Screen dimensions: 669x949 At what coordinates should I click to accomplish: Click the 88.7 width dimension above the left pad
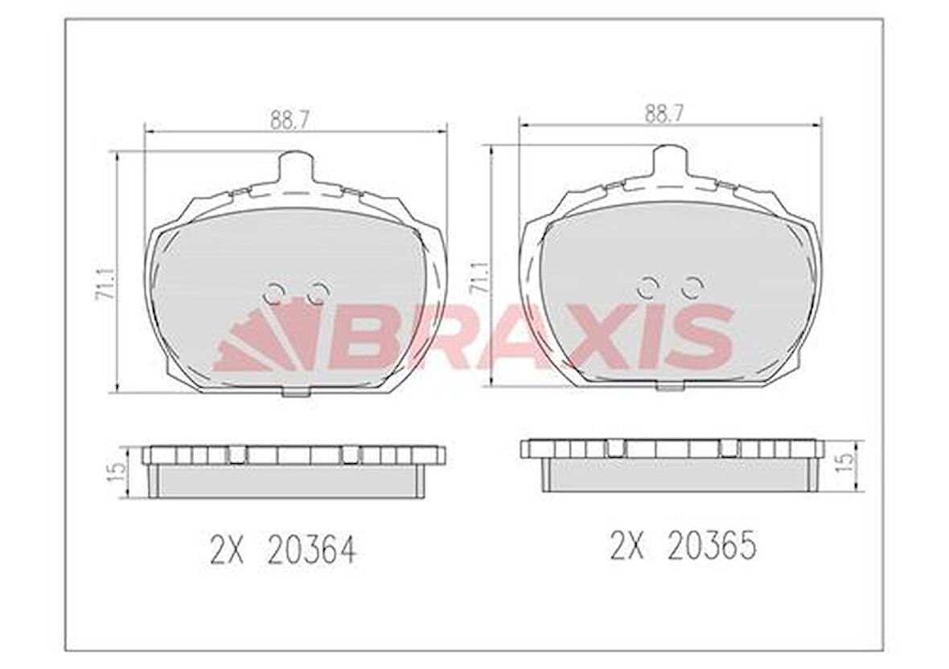coord(290,119)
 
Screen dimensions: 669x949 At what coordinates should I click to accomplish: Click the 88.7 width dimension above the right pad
coord(663,113)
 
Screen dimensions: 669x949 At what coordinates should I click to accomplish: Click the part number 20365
coord(712,546)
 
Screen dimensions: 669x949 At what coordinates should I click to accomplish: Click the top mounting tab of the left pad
coord(294,169)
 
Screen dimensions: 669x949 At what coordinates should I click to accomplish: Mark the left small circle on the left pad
coord(274,293)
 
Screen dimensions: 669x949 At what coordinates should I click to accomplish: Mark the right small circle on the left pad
coord(318,293)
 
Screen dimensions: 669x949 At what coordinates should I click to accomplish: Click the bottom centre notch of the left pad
coord(296,392)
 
